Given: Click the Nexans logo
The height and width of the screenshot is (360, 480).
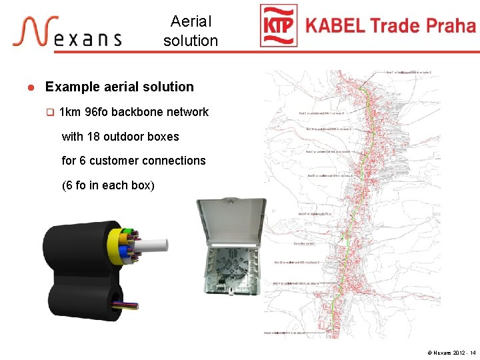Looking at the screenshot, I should pyautogui.click(x=66, y=31).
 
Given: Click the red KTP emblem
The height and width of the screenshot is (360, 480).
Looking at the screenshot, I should pyautogui.click(x=279, y=27).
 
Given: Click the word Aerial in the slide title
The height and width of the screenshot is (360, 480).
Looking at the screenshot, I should pyautogui.click(x=191, y=22).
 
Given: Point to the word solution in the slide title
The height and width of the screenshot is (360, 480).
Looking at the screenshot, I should pyautogui.click(x=191, y=41).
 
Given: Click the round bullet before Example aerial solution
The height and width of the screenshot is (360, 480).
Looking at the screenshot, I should pyautogui.click(x=30, y=87).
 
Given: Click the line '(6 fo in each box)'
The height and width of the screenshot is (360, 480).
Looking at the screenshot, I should pyautogui.click(x=108, y=185).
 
